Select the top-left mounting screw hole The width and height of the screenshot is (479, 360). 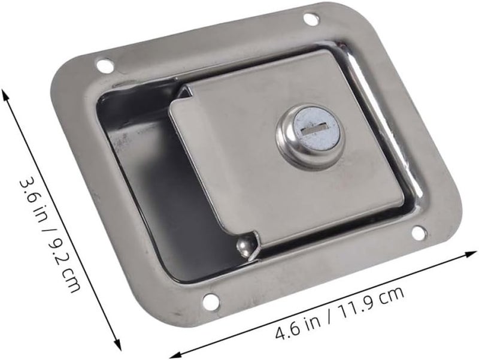click(105, 65)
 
